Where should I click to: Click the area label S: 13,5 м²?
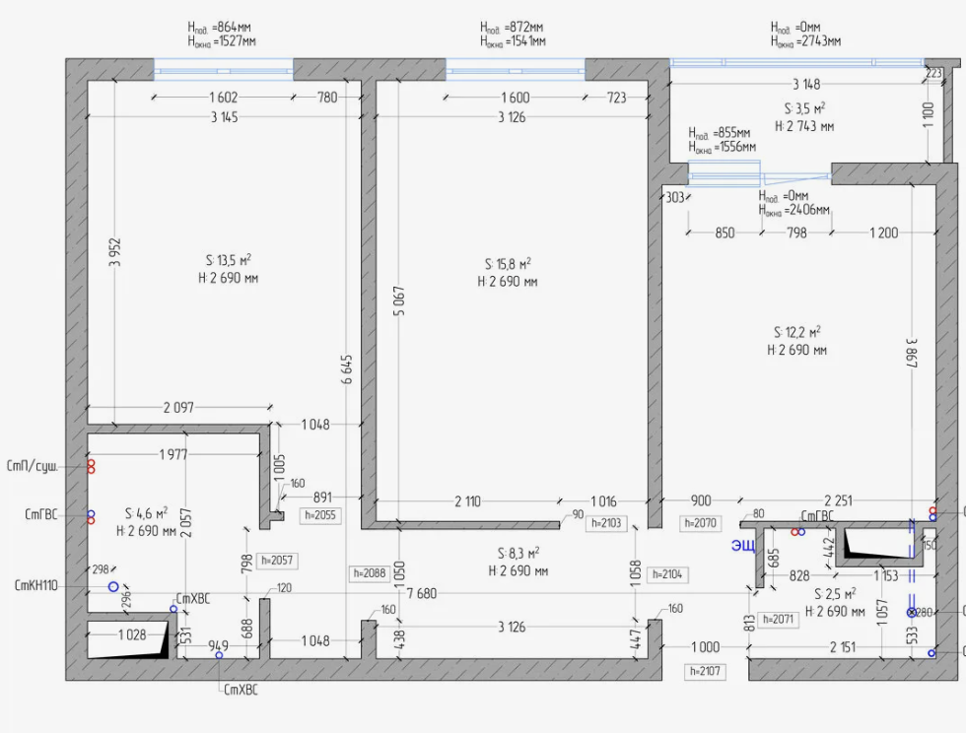pos(229,260)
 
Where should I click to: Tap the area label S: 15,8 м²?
pos(508,264)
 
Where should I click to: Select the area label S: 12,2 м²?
pos(797,332)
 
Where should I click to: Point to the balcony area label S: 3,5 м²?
pos(804,108)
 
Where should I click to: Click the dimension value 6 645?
pos(347,369)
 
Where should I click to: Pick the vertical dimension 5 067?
pos(399,300)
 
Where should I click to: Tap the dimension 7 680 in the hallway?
pos(422,593)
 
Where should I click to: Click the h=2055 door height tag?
pos(320,515)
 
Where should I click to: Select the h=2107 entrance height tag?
pos(705,671)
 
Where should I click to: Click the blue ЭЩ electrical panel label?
pos(743,546)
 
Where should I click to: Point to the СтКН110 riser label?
pos(35,585)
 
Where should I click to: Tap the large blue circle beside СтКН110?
pos(113,587)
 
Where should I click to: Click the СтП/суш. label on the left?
pos(32,466)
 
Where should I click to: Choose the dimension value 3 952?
pos(115,252)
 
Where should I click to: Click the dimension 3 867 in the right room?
pos(912,353)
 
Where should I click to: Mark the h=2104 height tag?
pos(667,574)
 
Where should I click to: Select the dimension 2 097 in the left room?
pos(178,407)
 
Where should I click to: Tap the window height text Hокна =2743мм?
pos(805,41)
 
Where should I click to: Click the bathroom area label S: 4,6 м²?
pos(147,513)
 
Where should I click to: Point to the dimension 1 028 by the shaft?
pos(132,634)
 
